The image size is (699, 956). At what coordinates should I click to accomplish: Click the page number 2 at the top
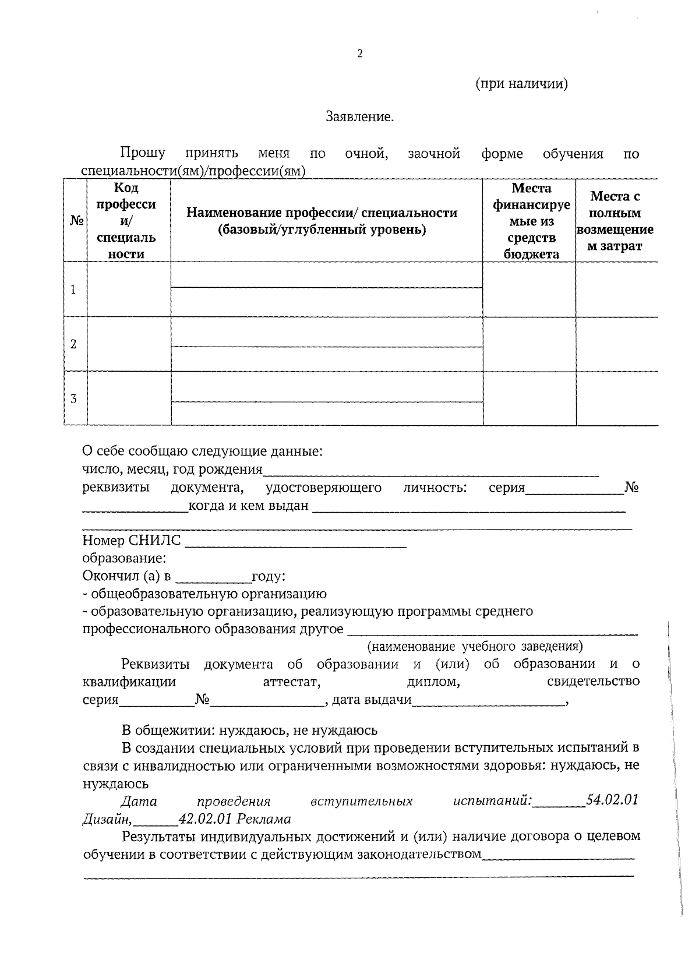[359, 54]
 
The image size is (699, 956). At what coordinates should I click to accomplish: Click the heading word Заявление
[359, 117]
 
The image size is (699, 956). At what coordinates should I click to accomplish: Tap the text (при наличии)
[521, 84]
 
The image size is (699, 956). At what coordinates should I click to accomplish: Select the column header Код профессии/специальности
[126, 221]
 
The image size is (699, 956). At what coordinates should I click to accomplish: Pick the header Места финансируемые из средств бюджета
[531, 221]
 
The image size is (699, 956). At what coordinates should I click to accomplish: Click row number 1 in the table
[73, 290]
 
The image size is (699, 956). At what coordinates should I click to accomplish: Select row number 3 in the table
[73, 399]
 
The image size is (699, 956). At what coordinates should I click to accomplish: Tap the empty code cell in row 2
[128, 344]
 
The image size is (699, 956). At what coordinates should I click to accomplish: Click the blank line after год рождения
[431, 470]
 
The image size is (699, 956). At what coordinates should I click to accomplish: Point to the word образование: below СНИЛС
[124, 559]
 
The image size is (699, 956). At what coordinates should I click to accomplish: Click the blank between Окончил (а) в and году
[213, 577]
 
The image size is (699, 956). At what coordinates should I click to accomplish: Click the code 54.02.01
[612, 800]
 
